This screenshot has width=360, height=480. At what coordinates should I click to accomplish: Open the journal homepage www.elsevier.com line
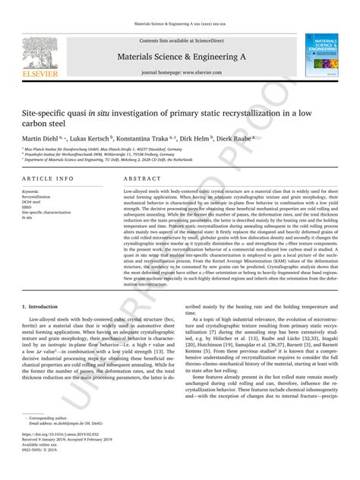tap(182, 73)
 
